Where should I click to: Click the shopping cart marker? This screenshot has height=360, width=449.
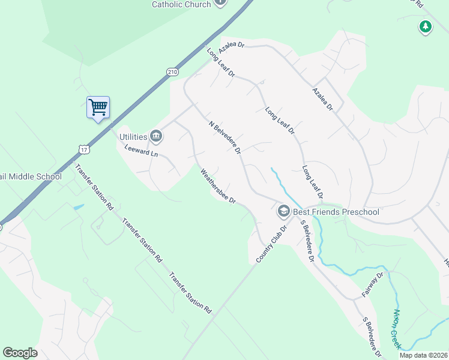coord(98,107)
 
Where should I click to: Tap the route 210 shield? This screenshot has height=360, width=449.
coord(173,72)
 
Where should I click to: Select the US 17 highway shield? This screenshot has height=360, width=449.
coord(82,147)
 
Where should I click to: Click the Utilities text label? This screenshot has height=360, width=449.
coord(133,137)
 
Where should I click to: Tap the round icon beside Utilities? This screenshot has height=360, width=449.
coord(155,137)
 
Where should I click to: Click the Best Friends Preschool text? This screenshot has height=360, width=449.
coord(336,211)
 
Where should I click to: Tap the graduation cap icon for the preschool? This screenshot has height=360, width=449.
coord(283,211)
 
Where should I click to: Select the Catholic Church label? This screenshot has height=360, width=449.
coord(181,4)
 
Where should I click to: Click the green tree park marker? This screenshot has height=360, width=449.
coord(425,27)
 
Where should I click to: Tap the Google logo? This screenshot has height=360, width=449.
coord(20,353)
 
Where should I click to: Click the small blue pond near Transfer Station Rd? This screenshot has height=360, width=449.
coord(78,207)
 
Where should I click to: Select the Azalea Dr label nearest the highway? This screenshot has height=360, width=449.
coord(232,45)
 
